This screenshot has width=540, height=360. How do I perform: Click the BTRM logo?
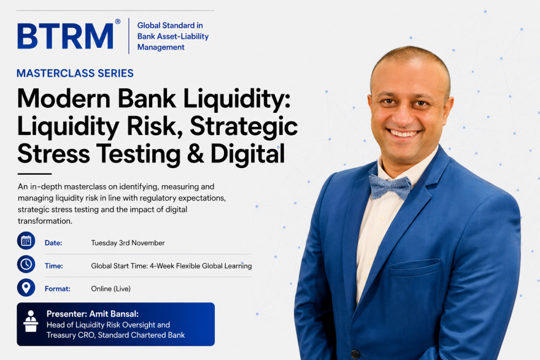(66, 36)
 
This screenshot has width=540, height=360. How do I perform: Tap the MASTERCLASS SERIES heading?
(75, 74)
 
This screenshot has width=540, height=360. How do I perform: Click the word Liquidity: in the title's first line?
(237, 99)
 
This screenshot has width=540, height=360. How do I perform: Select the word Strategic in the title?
(244, 126)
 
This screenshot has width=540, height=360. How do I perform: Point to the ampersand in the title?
(196, 153)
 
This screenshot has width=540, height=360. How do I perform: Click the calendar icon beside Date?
(26, 240)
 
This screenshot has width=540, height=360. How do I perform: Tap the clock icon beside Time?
(26, 264)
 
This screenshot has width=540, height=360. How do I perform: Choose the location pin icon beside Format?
(26, 288)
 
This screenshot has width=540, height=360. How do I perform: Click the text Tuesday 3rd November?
(128, 243)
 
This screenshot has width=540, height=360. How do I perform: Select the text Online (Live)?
(111, 289)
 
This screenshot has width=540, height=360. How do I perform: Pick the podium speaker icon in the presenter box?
(31, 321)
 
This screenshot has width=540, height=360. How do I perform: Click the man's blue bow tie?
(390, 187)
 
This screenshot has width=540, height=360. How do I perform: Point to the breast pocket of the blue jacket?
(415, 266)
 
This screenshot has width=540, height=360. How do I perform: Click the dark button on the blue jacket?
(355, 354)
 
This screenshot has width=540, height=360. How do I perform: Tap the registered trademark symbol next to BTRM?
(118, 21)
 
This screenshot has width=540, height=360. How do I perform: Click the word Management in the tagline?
(161, 47)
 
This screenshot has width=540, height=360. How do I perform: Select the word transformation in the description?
(45, 221)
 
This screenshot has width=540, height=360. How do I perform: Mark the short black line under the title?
(34, 174)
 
